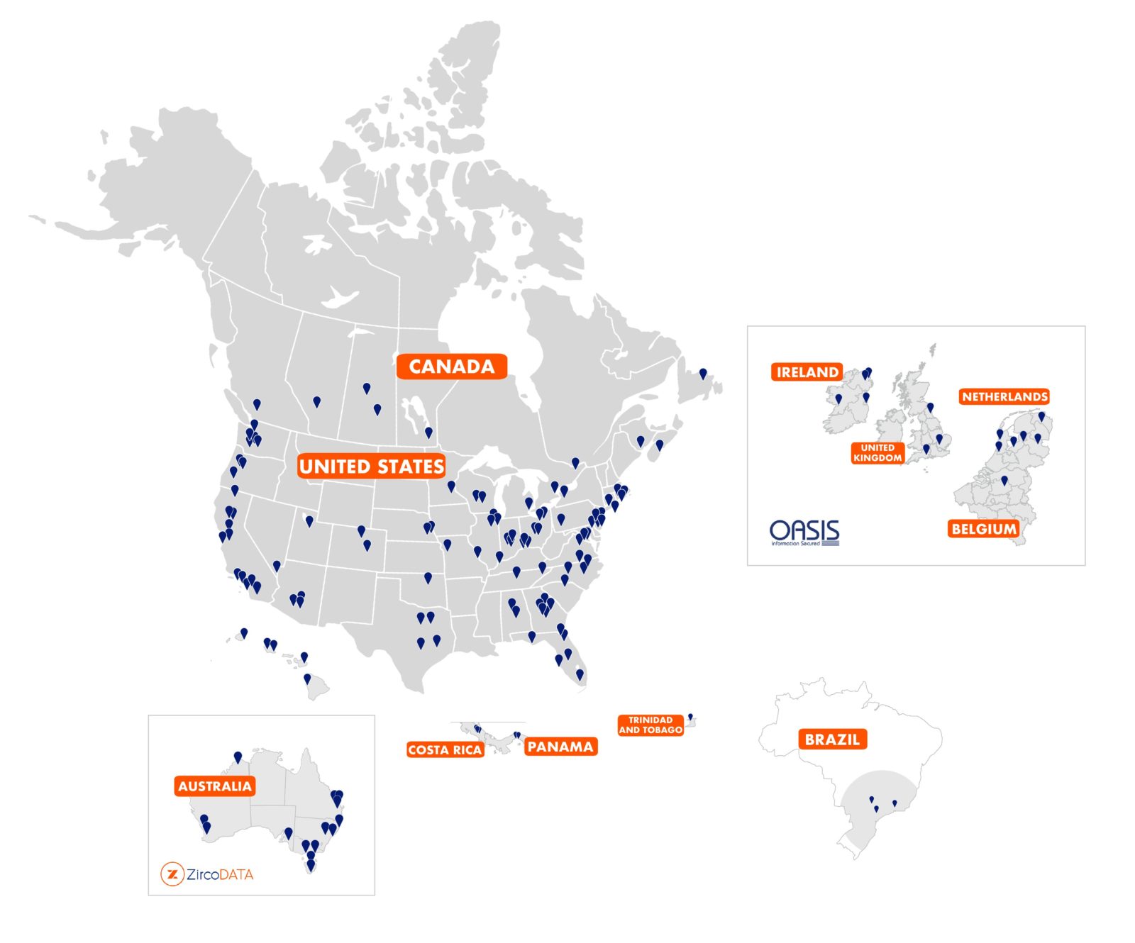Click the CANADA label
pyautogui.click(x=451, y=366)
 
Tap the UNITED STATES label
pyautogui.click(x=372, y=466)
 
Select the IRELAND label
pyautogui.click(x=807, y=372)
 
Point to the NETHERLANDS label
pyautogui.click(x=1004, y=396)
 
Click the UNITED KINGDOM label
pyautogui.click(x=877, y=452)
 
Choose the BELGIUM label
pyautogui.click(x=983, y=528)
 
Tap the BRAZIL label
pyautogui.click(x=832, y=740)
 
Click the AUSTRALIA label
pyautogui.click(x=214, y=786)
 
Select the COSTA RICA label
pyautogui.click(x=445, y=749)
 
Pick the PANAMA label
pyautogui.click(x=560, y=747)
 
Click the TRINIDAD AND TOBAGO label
pyautogui.click(x=650, y=725)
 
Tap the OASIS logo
pyautogui.click(x=804, y=532)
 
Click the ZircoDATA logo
pyautogui.click(x=207, y=874)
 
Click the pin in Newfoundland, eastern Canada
pyautogui.click(x=703, y=373)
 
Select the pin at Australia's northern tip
pyautogui.click(x=238, y=757)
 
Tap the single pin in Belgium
pyautogui.click(x=1004, y=481)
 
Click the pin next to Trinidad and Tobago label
pyautogui.click(x=690, y=717)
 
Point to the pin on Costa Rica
pyautogui.click(x=477, y=729)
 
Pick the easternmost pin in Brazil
pyautogui.click(x=895, y=803)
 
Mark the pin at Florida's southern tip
pyautogui.click(x=580, y=674)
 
